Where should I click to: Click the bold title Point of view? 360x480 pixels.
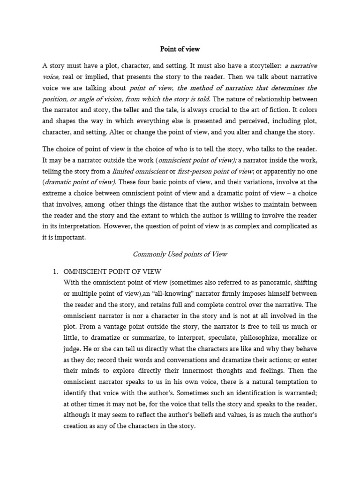pyautogui.click(x=180, y=48)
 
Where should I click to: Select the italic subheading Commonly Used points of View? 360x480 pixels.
pyautogui.click(x=180, y=254)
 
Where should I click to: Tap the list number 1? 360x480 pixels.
pyautogui.click(x=54, y=272)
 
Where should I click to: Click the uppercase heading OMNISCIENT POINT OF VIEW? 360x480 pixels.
pyautogui.click(x=112, y=272)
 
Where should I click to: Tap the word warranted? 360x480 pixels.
pyautogui.click(x=297, y=393)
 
